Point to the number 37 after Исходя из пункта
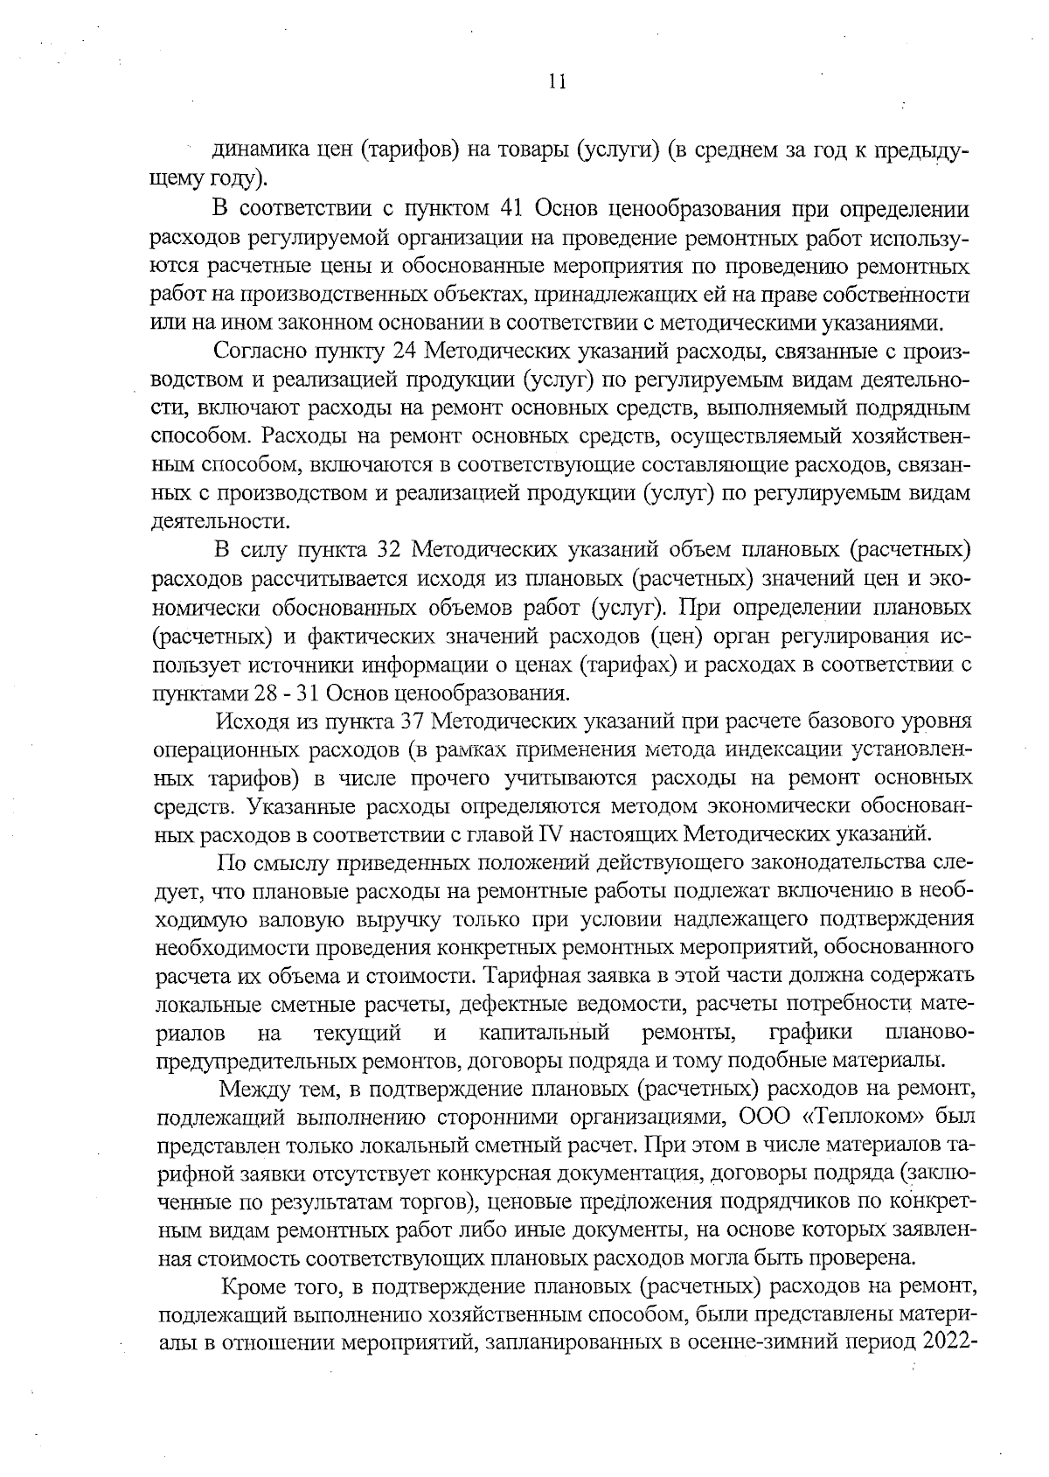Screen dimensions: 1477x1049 [411, 721]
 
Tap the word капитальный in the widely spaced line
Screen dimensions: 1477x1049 [544, 1034]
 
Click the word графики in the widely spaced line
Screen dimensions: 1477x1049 [810, 1034]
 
